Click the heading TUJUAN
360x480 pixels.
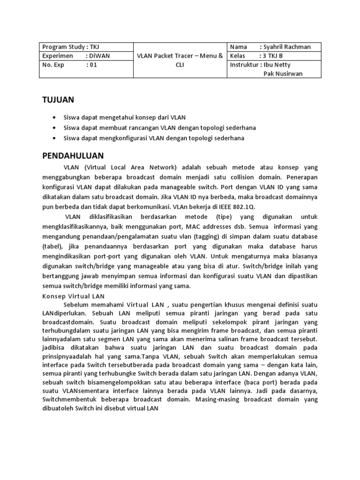click(x=58, y=100)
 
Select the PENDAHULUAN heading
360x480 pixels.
click(x=73, y=156)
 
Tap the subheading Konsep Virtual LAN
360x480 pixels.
click(x=74, y=296)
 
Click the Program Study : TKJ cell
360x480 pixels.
click(x=71, y=47)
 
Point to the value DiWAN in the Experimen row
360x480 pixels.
click(x=99, y=56)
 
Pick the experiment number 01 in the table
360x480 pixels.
click(x=93, y=65)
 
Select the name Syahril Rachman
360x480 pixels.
click(x=286, y=47)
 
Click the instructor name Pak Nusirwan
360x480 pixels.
click(x=284, y=74)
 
